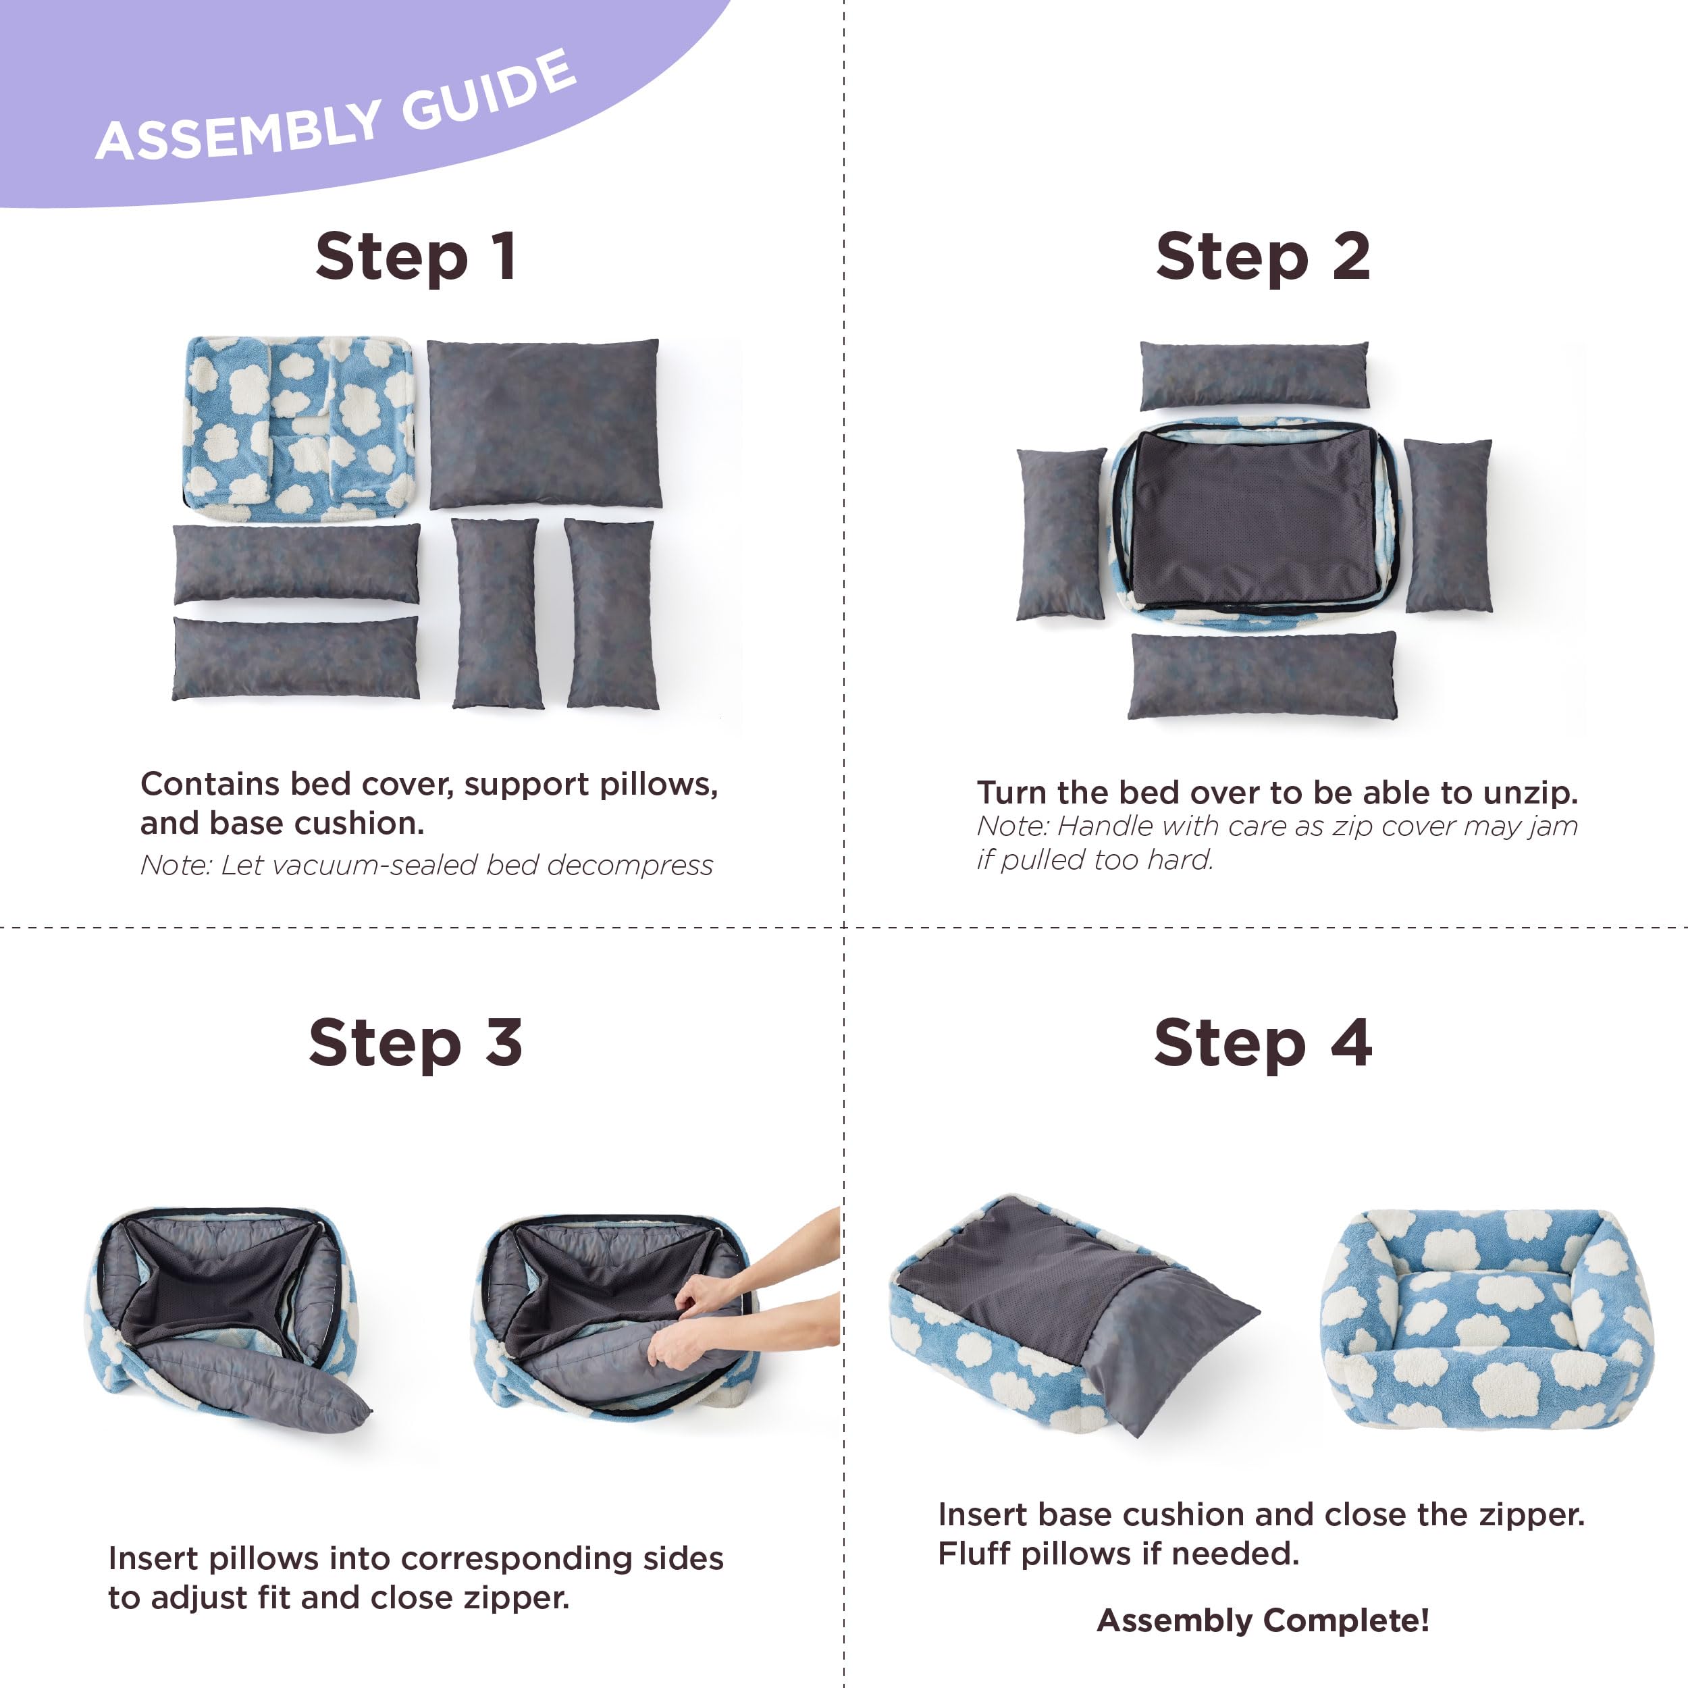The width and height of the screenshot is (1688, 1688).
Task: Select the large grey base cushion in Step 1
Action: tap(544, 424)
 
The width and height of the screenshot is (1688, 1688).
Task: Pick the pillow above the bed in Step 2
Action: tap(1254, 375)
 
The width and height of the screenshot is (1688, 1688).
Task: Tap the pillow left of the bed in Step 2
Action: tap(1061, 534)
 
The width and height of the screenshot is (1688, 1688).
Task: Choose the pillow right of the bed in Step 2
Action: tap(1448, 525)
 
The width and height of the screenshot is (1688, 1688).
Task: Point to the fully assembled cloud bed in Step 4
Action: tap(1485, 1319)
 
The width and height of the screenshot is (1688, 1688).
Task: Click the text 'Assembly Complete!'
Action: tap(1263, 1620)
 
